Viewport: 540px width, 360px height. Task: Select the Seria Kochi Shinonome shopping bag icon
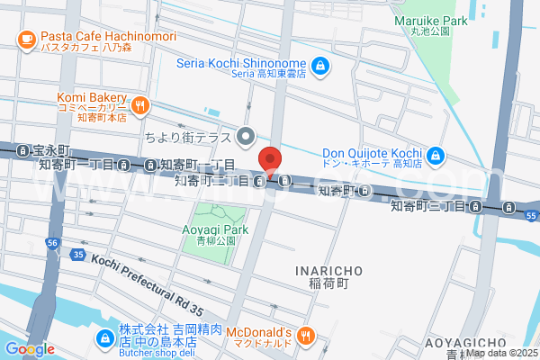(319, 65)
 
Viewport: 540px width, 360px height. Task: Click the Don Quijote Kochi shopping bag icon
(435, 156)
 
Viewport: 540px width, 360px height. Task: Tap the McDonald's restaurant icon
(306, 336)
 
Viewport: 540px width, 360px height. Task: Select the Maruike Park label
(429, 20)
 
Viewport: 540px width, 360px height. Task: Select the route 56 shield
(53, 243)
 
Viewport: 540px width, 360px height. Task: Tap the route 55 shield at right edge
(532, 217)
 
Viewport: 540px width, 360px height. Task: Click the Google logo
(29, 349)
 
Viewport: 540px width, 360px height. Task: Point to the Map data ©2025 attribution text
(501, 353)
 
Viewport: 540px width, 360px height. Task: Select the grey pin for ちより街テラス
(247, 137)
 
